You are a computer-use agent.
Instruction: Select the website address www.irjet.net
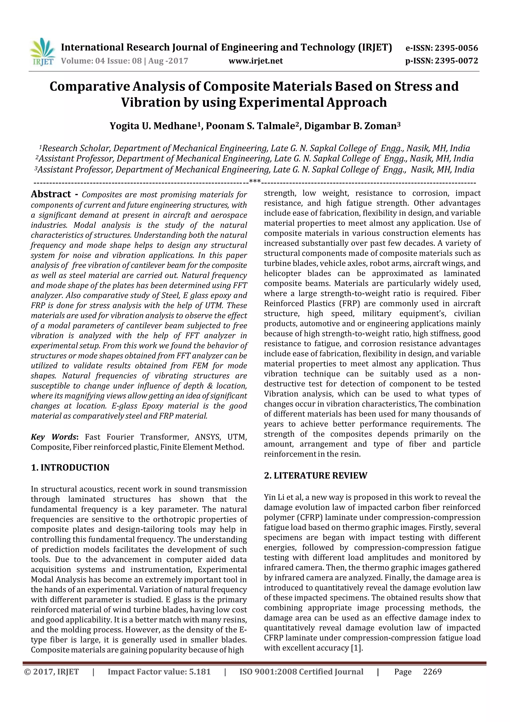point(255,61)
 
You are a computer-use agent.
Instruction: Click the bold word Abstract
point(51,194)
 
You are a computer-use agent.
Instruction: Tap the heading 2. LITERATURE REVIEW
point(316,476)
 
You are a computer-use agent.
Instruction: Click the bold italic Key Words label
point(54,437)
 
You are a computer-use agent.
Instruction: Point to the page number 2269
point(432,672)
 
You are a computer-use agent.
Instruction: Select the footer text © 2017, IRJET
point(52,672)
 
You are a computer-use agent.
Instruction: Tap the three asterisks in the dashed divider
point(255,181)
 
